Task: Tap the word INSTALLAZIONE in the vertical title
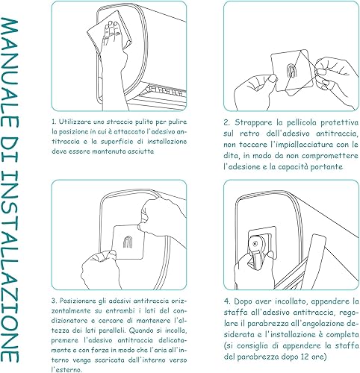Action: [x=10, y=266]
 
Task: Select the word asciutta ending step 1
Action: [x=140, y=151]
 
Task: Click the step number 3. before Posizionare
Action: [x=55, y=301]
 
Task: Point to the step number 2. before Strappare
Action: [x=226, y=122]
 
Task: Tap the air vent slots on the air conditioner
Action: [x=167, y=90]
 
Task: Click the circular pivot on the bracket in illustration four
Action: [x=255, y=243]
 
